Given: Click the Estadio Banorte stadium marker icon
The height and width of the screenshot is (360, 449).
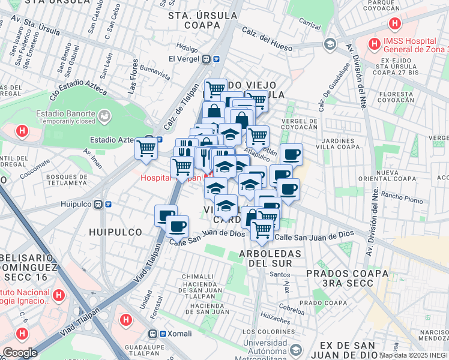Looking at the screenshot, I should [x=104, y=114].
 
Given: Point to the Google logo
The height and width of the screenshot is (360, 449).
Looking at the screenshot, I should [x=20, y=352].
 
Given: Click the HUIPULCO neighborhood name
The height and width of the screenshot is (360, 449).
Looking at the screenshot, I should [x=115, y=232].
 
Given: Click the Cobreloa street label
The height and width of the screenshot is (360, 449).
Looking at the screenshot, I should [x=291, y=311].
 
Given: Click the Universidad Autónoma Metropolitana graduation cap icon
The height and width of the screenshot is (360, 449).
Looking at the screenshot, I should [x=295, y=350].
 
